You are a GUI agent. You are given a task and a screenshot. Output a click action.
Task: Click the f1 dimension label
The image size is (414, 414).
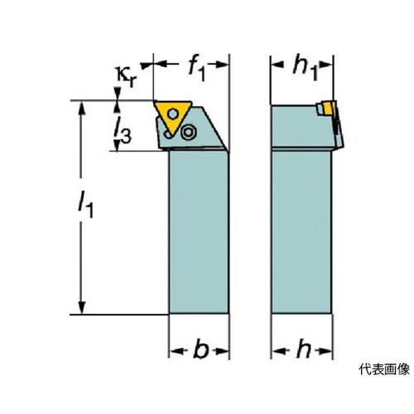[x=197, y=69]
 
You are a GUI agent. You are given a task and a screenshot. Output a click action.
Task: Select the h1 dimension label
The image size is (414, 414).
[x=306, y=69]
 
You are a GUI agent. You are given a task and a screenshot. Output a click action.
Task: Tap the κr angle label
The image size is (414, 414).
[x=127, y=76]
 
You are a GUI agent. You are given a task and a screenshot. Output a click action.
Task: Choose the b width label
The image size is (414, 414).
[x=201, y=350]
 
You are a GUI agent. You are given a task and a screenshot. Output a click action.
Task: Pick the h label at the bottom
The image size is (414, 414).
[x=304, y=349]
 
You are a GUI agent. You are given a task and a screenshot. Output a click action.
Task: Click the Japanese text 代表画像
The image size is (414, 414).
[x=384, y=369]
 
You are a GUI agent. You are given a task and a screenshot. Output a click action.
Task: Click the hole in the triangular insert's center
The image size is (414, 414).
[x=173, y=113]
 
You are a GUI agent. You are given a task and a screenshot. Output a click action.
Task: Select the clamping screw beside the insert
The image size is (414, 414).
[x=189, y=132]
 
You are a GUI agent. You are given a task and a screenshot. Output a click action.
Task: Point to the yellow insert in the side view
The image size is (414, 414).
[x=329, y=108]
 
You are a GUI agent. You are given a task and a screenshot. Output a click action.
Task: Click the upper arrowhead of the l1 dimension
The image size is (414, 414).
[x=82, y=108]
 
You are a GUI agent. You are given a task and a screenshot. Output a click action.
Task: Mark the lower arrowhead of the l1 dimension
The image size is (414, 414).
[x=82, y=307]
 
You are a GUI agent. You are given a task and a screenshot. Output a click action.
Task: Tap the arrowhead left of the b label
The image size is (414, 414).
[x=176, y=352]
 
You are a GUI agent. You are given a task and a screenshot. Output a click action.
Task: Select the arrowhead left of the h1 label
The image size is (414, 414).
[x=277, y=65]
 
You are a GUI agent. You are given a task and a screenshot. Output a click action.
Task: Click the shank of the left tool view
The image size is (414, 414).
[x=199, y=232]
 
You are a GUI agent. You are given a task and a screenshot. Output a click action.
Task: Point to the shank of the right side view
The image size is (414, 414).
[x=301, y=232]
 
